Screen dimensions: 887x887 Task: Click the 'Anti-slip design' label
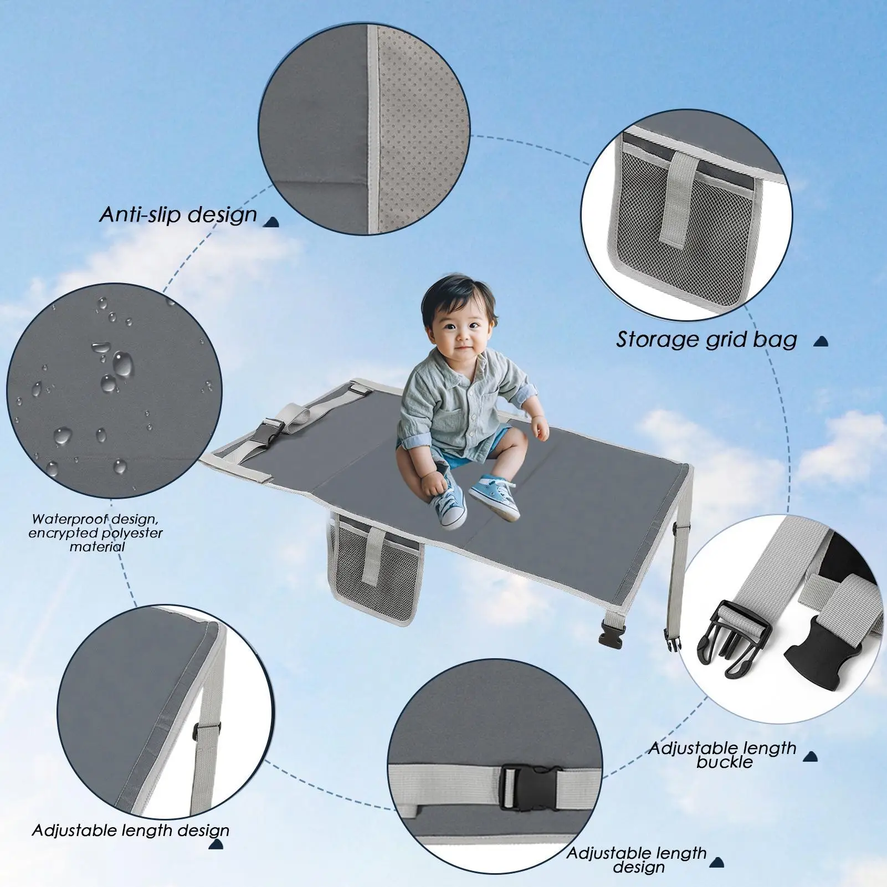click(x=178, y=214)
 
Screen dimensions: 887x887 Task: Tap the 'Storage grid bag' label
click(x=706, y=339)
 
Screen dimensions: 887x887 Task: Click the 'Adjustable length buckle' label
click(x=723, y=755)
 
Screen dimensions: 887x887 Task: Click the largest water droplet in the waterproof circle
click(x=122, y=363)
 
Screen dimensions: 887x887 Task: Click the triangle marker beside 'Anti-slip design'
click(x=271, y=222)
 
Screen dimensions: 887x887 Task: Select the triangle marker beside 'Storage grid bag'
click(x=821, y=341)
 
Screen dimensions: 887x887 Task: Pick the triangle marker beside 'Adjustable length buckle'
click(x=811, y=756)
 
